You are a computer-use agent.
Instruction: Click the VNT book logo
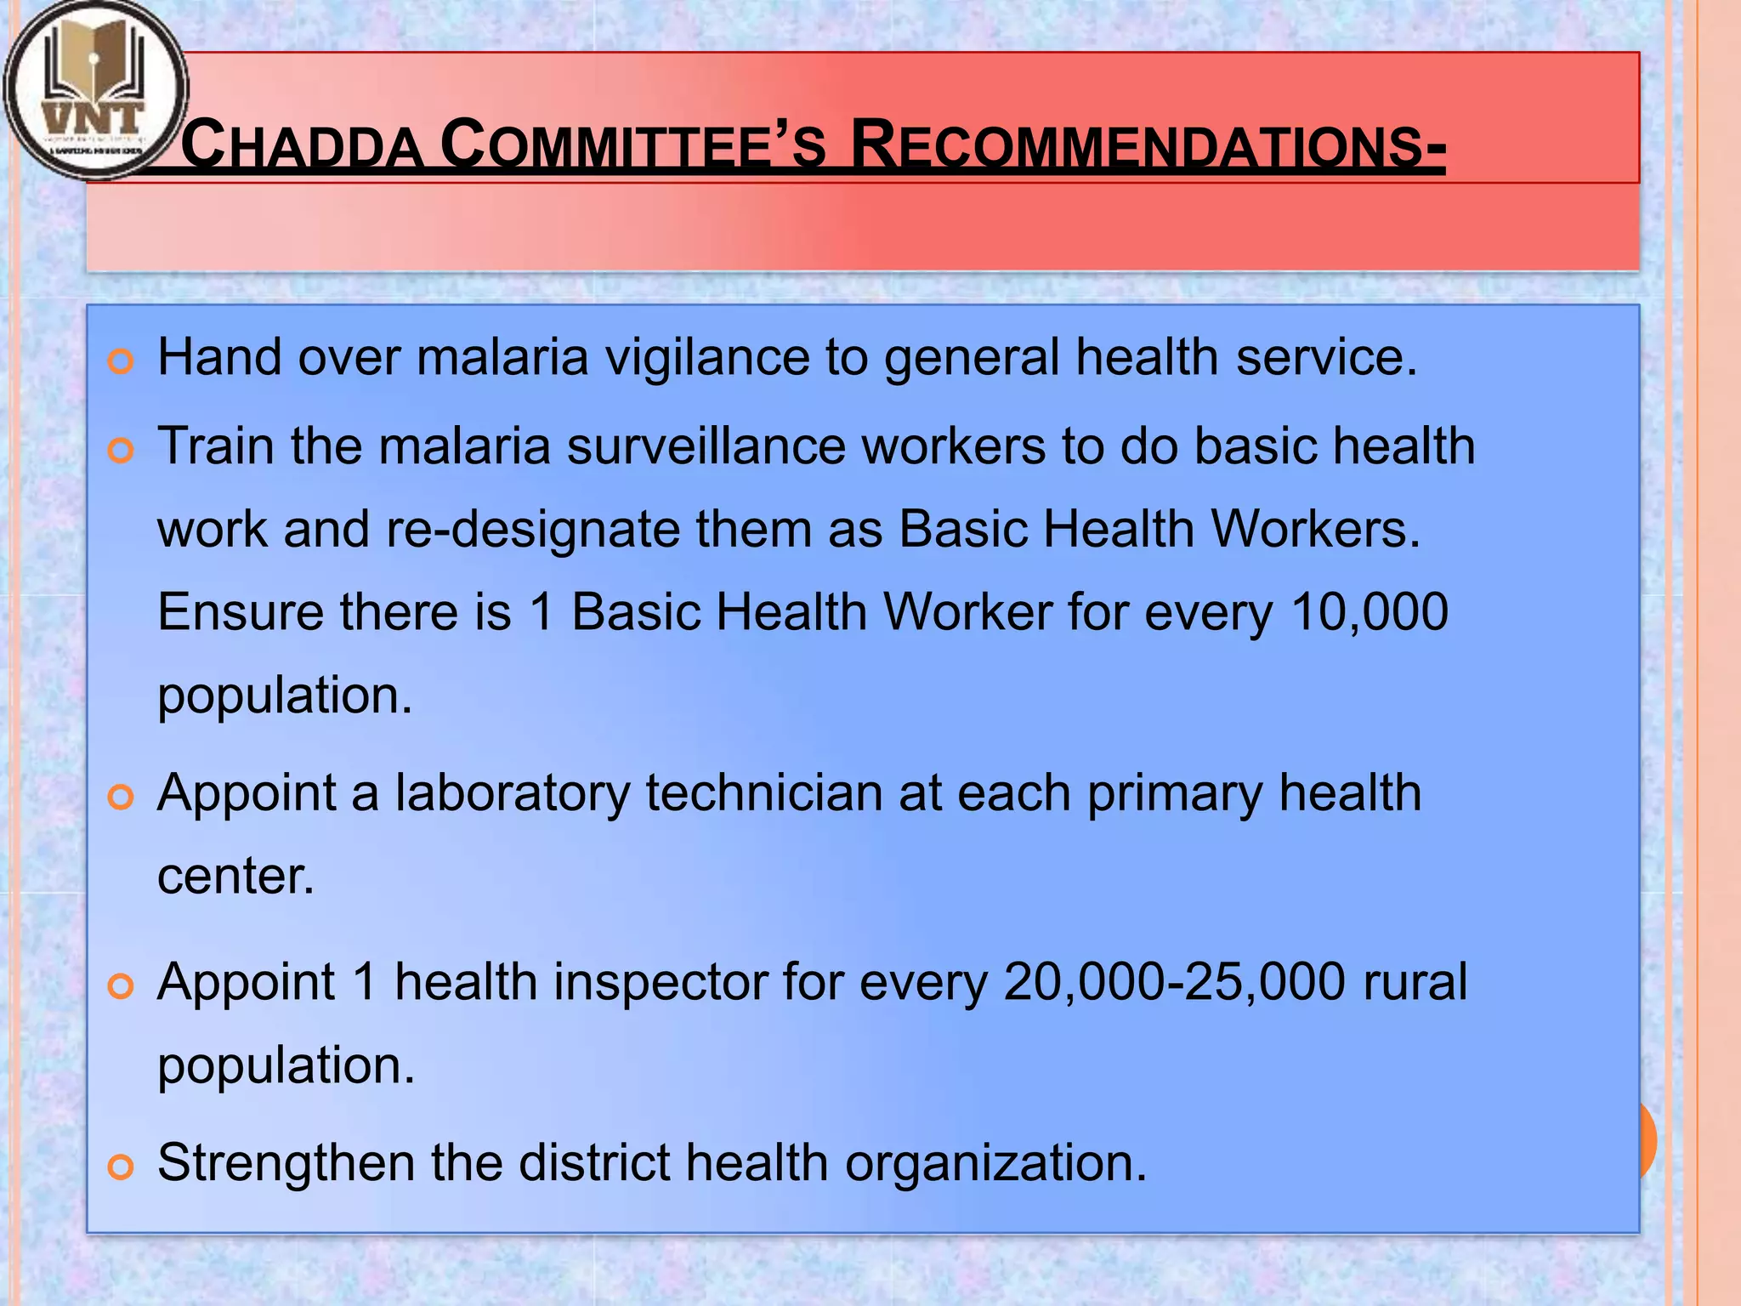pos(95,89)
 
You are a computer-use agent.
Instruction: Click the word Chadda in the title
pos(303,145)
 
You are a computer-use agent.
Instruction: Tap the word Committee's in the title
pos(633,145)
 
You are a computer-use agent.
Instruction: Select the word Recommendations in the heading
pos(1147,145)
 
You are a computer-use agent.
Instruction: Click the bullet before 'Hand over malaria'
pos(122,361)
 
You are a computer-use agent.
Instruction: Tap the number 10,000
pos(1369,612)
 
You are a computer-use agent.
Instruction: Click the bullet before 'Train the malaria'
pos(122,451)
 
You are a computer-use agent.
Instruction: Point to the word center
pos(235,877)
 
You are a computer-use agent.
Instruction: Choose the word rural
pos(1415,982)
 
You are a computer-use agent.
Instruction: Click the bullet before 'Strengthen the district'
pos(122,1167)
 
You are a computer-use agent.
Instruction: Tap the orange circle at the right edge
pos(1647,1139)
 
